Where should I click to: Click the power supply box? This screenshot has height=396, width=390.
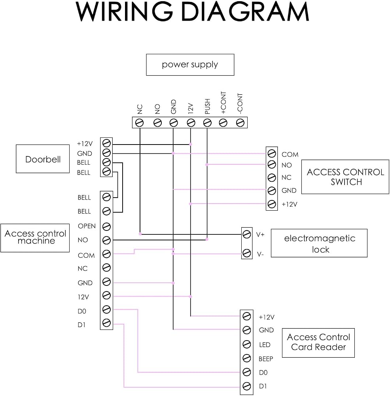click(190, 65)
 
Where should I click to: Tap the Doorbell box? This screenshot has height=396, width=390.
click(43, 159)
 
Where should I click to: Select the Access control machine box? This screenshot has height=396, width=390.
click(35, 238)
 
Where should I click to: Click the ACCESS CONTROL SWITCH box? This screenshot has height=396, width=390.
click(345, 177)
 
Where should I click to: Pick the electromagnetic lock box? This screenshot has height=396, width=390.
click(319, 243)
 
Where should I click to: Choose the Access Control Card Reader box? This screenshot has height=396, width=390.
click(318, 343)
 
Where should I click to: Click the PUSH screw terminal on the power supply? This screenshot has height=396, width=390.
click(207, 123)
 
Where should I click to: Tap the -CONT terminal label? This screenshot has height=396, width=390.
click(240, 103)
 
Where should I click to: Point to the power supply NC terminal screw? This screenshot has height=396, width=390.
click(140, 123)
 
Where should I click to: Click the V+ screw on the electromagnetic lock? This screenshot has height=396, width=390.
click(247, 234)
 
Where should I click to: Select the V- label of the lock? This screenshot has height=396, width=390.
click(260, 254)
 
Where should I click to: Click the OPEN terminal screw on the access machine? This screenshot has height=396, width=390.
click(106, 227)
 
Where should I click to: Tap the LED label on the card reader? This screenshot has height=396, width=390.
click(265, 345)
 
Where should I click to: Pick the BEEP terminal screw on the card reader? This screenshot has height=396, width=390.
click(246, 358)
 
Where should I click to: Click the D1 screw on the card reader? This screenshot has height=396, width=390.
click(246, 386)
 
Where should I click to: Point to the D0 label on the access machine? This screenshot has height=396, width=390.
click(82, 311)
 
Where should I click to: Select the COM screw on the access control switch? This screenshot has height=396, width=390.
click(272, 153)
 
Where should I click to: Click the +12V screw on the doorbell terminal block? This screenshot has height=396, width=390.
click(106, 143)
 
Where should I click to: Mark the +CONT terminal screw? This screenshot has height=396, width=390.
click(223, 123)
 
